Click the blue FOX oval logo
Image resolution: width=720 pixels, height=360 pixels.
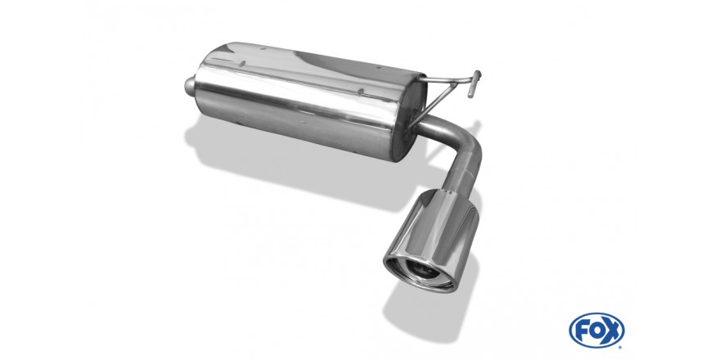pos(596,331)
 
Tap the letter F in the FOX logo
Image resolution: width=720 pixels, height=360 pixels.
pos(582,331)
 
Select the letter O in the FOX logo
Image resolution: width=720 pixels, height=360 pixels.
pos(596,331)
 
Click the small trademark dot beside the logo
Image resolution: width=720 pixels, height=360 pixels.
pos(620,347)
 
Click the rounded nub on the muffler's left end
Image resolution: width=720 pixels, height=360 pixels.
pos(190,86)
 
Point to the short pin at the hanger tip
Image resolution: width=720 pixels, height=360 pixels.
pos(475,83)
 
